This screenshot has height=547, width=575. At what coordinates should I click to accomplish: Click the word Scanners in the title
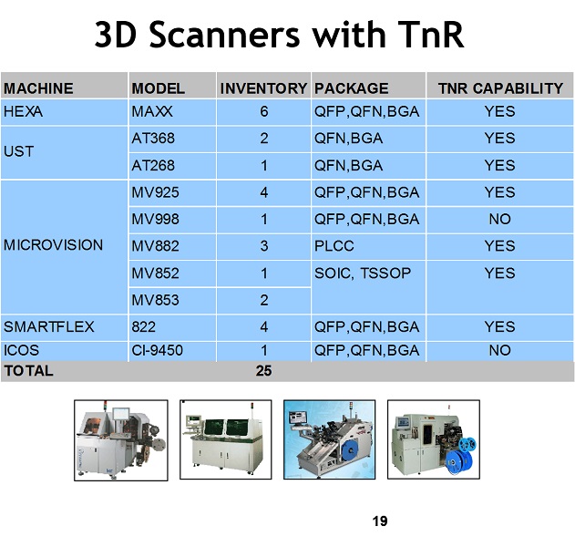(x=225, y=35)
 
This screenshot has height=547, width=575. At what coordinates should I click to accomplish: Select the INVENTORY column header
(x=263, y=88)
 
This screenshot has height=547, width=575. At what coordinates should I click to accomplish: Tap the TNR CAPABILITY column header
(x=500, y=88)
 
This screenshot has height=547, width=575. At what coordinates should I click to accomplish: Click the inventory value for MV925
(x=264, y=192)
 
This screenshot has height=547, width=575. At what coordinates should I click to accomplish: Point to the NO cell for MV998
(x=500, y=219)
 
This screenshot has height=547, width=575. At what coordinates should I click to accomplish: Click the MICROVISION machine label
(x=54, y=245)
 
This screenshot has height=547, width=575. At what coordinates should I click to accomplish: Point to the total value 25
(x=263, y=371)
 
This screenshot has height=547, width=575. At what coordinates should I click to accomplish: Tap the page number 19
(x=380, y=521)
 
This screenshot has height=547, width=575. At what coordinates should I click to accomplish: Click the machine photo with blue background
(x=329, y=439)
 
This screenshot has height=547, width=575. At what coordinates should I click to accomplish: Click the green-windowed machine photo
(x=225, y=439)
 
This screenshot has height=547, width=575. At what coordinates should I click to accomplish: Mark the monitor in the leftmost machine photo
(x=120, y=414)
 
